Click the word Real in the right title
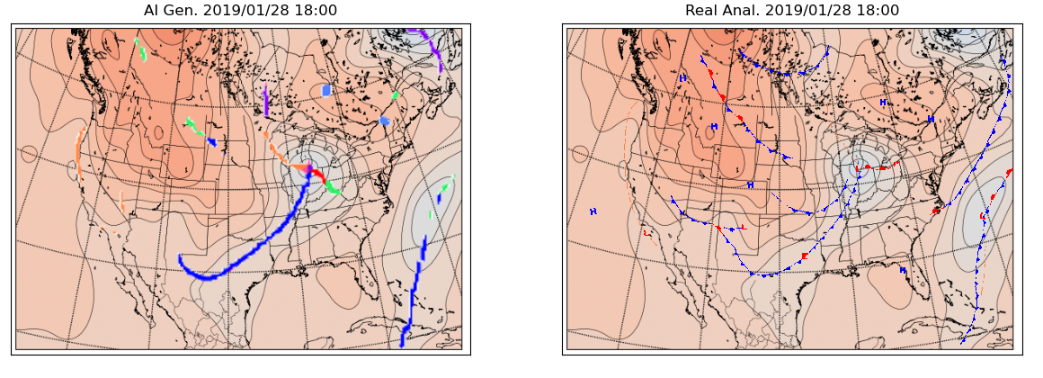pyautogui.click(x=703, y=10)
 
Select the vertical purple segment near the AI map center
pyautogui.click(x=266, y=100)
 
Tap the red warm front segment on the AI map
pyautogui.click(x=318, y=173)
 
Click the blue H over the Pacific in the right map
pyautogui.click(x=593, y=211)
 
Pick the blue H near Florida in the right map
pyautogui.click(x=903, y=269)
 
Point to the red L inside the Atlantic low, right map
pyautogui.click(x=981, y=217)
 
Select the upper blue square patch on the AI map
pyautogui.click(x=326, y=91)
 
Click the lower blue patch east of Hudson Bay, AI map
pyautogui.click(x=384, y=121)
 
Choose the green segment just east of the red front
pyautogui.click(x=334, y=188)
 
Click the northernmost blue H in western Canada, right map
pyautogui.click(x=683, y=78)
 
